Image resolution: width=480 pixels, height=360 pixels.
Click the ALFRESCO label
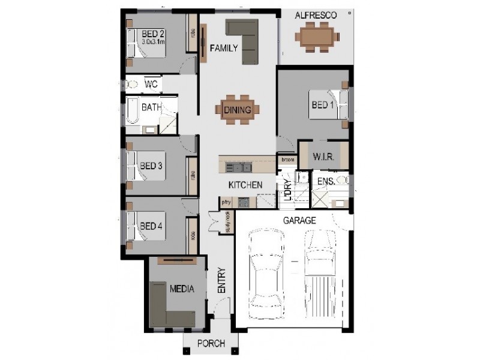point(316,14)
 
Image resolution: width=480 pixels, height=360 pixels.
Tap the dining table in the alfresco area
point(317,37)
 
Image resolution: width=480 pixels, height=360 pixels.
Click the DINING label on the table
point(238,110)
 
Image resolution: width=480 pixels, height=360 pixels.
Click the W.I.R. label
point(323,157)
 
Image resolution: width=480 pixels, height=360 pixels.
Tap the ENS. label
point(326,180)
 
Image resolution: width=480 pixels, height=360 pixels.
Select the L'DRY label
point(287,191)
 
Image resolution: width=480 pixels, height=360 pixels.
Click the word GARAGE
point(299,221)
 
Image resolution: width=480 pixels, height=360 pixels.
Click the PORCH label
point(211,344)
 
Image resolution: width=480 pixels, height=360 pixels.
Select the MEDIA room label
point(181,289)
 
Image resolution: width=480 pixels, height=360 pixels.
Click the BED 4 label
point(151,226)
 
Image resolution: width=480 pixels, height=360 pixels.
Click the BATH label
point(151,108)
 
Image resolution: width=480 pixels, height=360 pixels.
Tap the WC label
point(151,85)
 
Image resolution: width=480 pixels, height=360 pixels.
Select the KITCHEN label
point(244,185)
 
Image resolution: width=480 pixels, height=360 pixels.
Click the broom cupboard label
point(287,160)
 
